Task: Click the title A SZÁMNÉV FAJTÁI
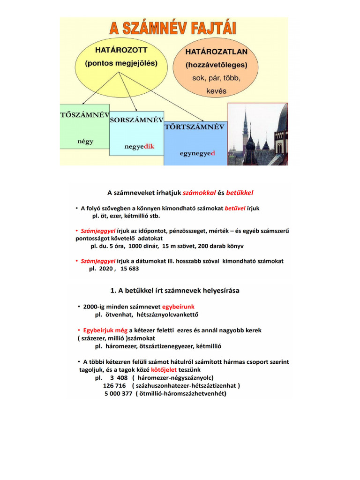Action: tap(173, 28)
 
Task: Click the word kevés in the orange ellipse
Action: tap(216, 90)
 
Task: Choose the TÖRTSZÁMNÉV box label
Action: tap(195, 127)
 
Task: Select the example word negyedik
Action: tap(139, 146)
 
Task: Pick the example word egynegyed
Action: tap(197, 153)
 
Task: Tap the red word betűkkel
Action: tap(240, 192)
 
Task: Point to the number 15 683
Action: tap(130, 269)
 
